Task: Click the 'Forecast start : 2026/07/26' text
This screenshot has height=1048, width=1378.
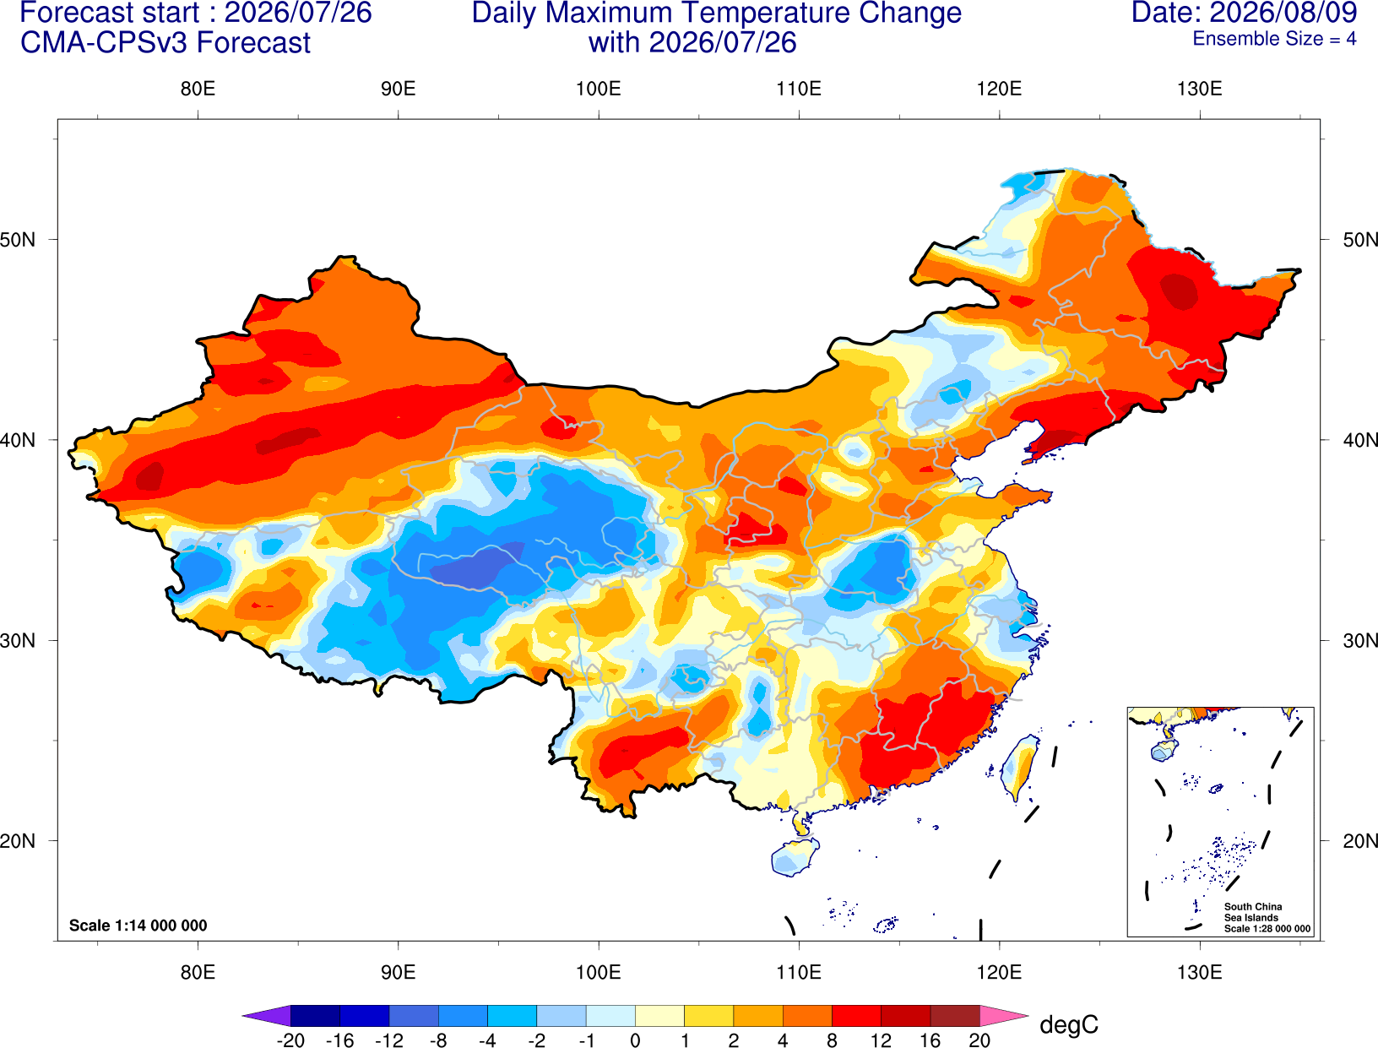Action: pos(196,13)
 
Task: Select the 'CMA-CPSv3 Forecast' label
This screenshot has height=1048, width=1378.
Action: pos(165,43)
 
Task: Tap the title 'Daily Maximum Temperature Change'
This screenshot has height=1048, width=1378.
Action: pos(716,13)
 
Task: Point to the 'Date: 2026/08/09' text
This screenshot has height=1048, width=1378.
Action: pos(1244,13)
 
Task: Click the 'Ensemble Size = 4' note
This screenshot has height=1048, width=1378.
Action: pos(1274,39)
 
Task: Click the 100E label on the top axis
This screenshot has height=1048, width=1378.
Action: pos(599,89)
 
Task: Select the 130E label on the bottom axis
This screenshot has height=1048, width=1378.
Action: pos(1199,973)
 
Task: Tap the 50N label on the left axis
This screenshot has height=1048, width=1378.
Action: pos(18,239)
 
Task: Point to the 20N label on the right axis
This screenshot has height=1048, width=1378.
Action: pos(1359,841)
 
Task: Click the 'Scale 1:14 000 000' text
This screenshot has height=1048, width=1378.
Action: pos(138,925)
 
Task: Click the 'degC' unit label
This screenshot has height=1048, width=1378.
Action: pos(1068,1024)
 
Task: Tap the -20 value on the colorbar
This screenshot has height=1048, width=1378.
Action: pos(290,1040)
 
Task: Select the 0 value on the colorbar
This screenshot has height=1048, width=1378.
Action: pos(635,1040)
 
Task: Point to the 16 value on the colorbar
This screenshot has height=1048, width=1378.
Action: pos(930,1040)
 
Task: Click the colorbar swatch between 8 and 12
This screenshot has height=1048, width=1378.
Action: pos(856,1015)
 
